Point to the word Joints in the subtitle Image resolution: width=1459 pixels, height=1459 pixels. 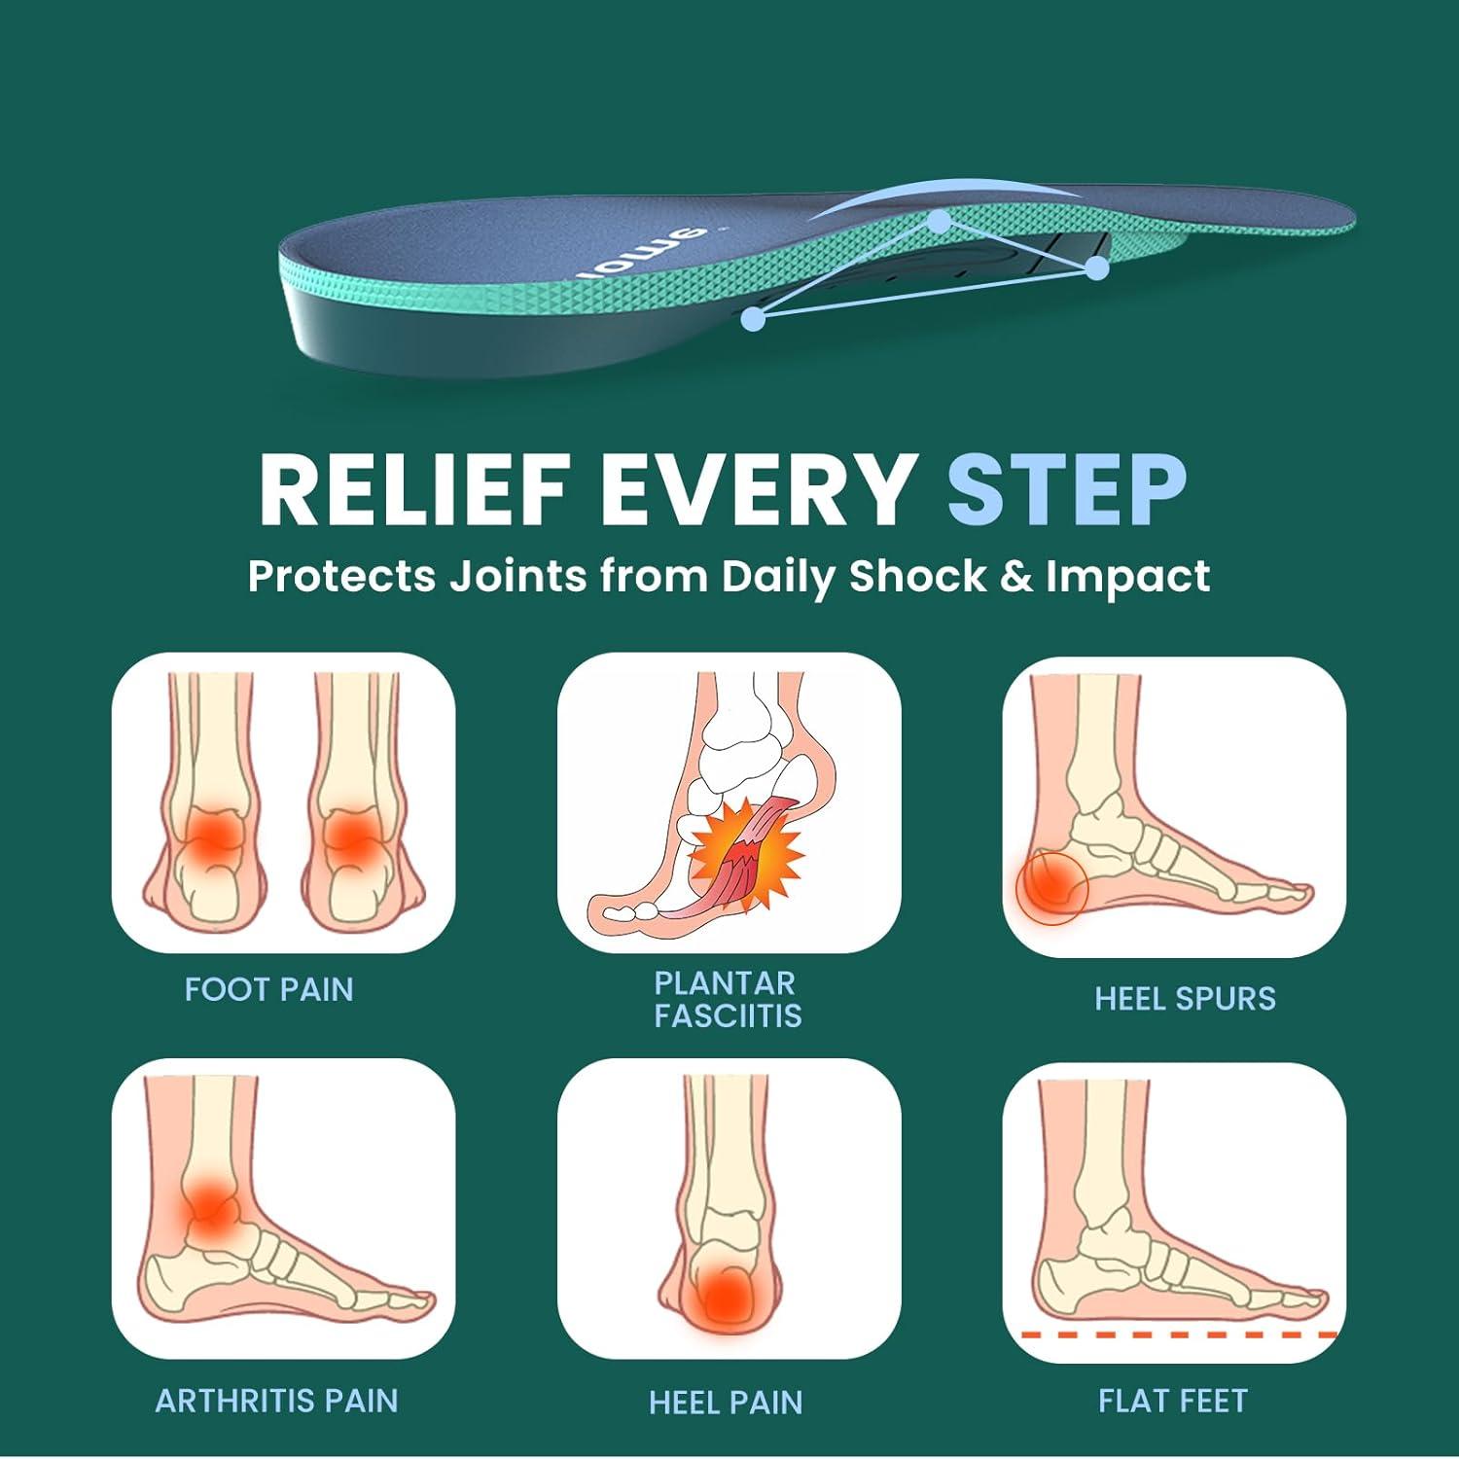[x=517, y=576]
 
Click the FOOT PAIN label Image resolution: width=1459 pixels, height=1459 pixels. [x=269, y=990]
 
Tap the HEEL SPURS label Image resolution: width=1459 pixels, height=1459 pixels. [x=1185, y=999]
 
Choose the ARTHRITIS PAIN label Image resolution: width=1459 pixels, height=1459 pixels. [x=277, y=1401]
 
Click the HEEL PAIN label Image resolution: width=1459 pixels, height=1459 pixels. [x=726, y=1403]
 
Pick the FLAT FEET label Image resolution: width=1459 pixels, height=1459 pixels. [x=1173, y=1401]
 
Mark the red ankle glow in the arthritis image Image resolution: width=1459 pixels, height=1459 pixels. [x=207, y=1205]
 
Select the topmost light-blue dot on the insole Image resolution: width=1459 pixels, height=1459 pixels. [x=939, y=222]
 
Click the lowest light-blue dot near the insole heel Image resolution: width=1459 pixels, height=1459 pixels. [x=752, y=317]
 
